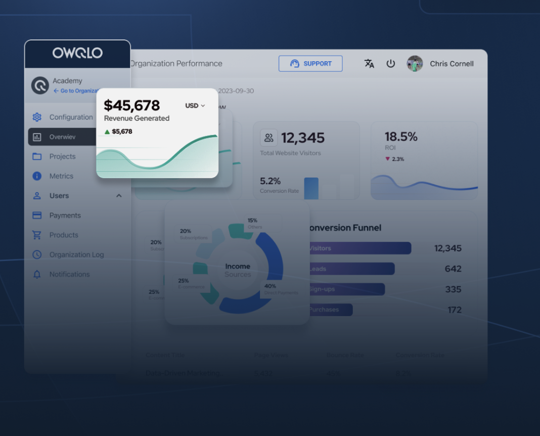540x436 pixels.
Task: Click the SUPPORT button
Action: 310,64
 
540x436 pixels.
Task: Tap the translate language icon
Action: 369,64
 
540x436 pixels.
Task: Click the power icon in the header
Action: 390,64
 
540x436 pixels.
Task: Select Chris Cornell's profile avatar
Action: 415,64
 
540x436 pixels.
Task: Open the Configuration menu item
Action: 71,117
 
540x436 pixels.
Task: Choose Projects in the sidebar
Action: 62,157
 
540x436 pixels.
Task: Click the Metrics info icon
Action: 37,176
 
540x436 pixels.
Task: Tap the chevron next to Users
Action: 119,196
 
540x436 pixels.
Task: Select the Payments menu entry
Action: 65,215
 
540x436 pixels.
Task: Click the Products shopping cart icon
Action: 37,235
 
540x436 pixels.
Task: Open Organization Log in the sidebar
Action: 76,255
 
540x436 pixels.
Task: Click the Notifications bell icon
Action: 37,275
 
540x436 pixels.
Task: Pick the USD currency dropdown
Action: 195,106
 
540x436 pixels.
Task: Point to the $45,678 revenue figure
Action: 131,105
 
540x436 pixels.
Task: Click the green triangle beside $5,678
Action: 107,132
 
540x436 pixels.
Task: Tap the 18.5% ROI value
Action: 401,137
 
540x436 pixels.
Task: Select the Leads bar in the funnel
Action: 351,269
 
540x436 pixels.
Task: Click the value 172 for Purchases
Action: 455,310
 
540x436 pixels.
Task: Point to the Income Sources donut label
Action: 238,270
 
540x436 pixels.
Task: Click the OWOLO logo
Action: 77,53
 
